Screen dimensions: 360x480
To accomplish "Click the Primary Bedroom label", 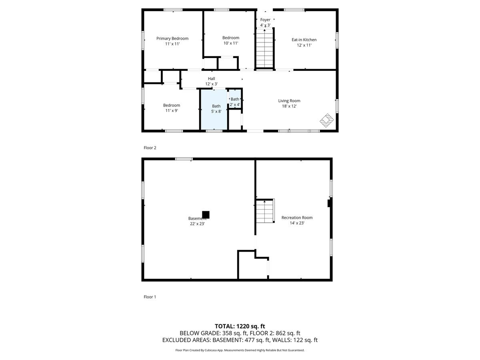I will pyautogui.click(x=172, y=39).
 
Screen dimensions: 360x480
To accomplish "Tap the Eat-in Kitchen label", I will pyautogui.click(x=304, y=40).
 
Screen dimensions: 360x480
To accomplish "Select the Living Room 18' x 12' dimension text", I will pyautogui.click(x=289, y=106).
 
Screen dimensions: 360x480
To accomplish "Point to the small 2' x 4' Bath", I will pyautogui.click(x=235, y=102).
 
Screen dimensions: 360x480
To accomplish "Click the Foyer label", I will pyautogui.click(x=265, y=20).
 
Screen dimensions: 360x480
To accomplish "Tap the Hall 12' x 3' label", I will pyautogui.click(x=211, y=81).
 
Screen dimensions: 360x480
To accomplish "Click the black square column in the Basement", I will pyautogui.click(x=206, y=215).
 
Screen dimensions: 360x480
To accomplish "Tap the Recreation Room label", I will pyautogui.click(x=297, y=218).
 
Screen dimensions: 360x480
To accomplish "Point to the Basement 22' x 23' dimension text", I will pyautogui.click(x=197, y=224).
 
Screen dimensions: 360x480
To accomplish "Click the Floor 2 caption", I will pyautogui.click(x=150, y=148).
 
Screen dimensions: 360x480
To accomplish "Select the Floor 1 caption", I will pyautogui.click(x=150, y=297).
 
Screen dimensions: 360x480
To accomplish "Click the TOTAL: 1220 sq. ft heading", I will pyautogui.click(x=240, y=326).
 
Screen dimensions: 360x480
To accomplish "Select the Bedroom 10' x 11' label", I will pyautogui.click(x=231, y=40).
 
